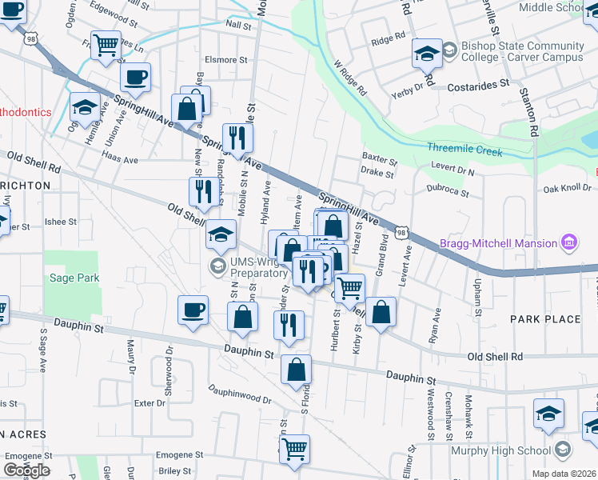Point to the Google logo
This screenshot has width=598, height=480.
(x=26, y=470)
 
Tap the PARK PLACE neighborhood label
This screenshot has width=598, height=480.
(x=546, y=319)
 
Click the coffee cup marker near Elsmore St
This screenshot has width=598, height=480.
(x=135, y=77)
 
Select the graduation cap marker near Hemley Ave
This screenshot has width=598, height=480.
(x=85, y=107)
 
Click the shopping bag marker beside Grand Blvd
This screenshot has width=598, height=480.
(x=383, y=312)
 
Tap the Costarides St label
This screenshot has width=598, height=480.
(x=478, y=84)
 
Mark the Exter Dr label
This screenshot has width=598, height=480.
(x=149, y=403)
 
